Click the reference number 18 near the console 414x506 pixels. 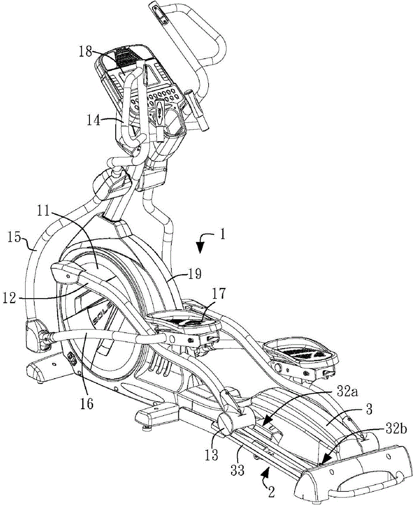[86, 53]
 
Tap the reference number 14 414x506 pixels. [94, 122]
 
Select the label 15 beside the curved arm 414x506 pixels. [14, 238]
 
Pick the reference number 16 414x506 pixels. [86, 404]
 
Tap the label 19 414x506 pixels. [195, 274]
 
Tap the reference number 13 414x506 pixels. [211, 455]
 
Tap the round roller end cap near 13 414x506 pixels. [226, 426]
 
